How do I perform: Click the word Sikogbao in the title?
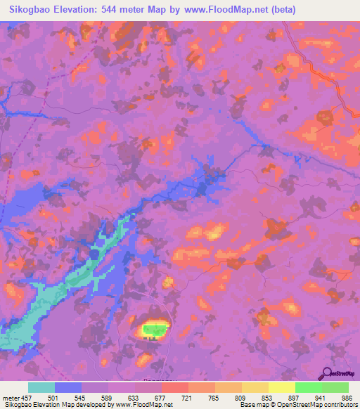click(x=33, y=10)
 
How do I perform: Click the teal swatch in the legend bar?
click(x=41, y=387)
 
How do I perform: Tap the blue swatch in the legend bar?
click(x=68, y=387)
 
